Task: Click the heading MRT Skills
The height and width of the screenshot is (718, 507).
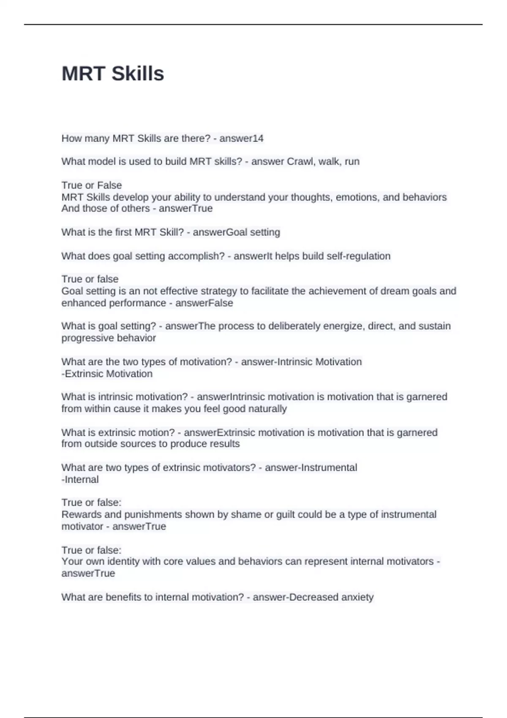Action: coord(113,73)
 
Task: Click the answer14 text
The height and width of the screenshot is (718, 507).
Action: coord(241,138)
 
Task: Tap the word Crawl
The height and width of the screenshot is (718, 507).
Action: coord(301,161)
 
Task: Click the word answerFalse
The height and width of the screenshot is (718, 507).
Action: coord(204,303)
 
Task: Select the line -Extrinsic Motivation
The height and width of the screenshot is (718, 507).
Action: coord(107,374)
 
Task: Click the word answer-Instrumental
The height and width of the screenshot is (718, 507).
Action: coord(311,468)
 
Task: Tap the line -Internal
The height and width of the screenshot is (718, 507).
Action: coord(80,479)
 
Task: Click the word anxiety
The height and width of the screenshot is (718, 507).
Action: coord(357,597)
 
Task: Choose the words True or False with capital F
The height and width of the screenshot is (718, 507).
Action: coord(92,185)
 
